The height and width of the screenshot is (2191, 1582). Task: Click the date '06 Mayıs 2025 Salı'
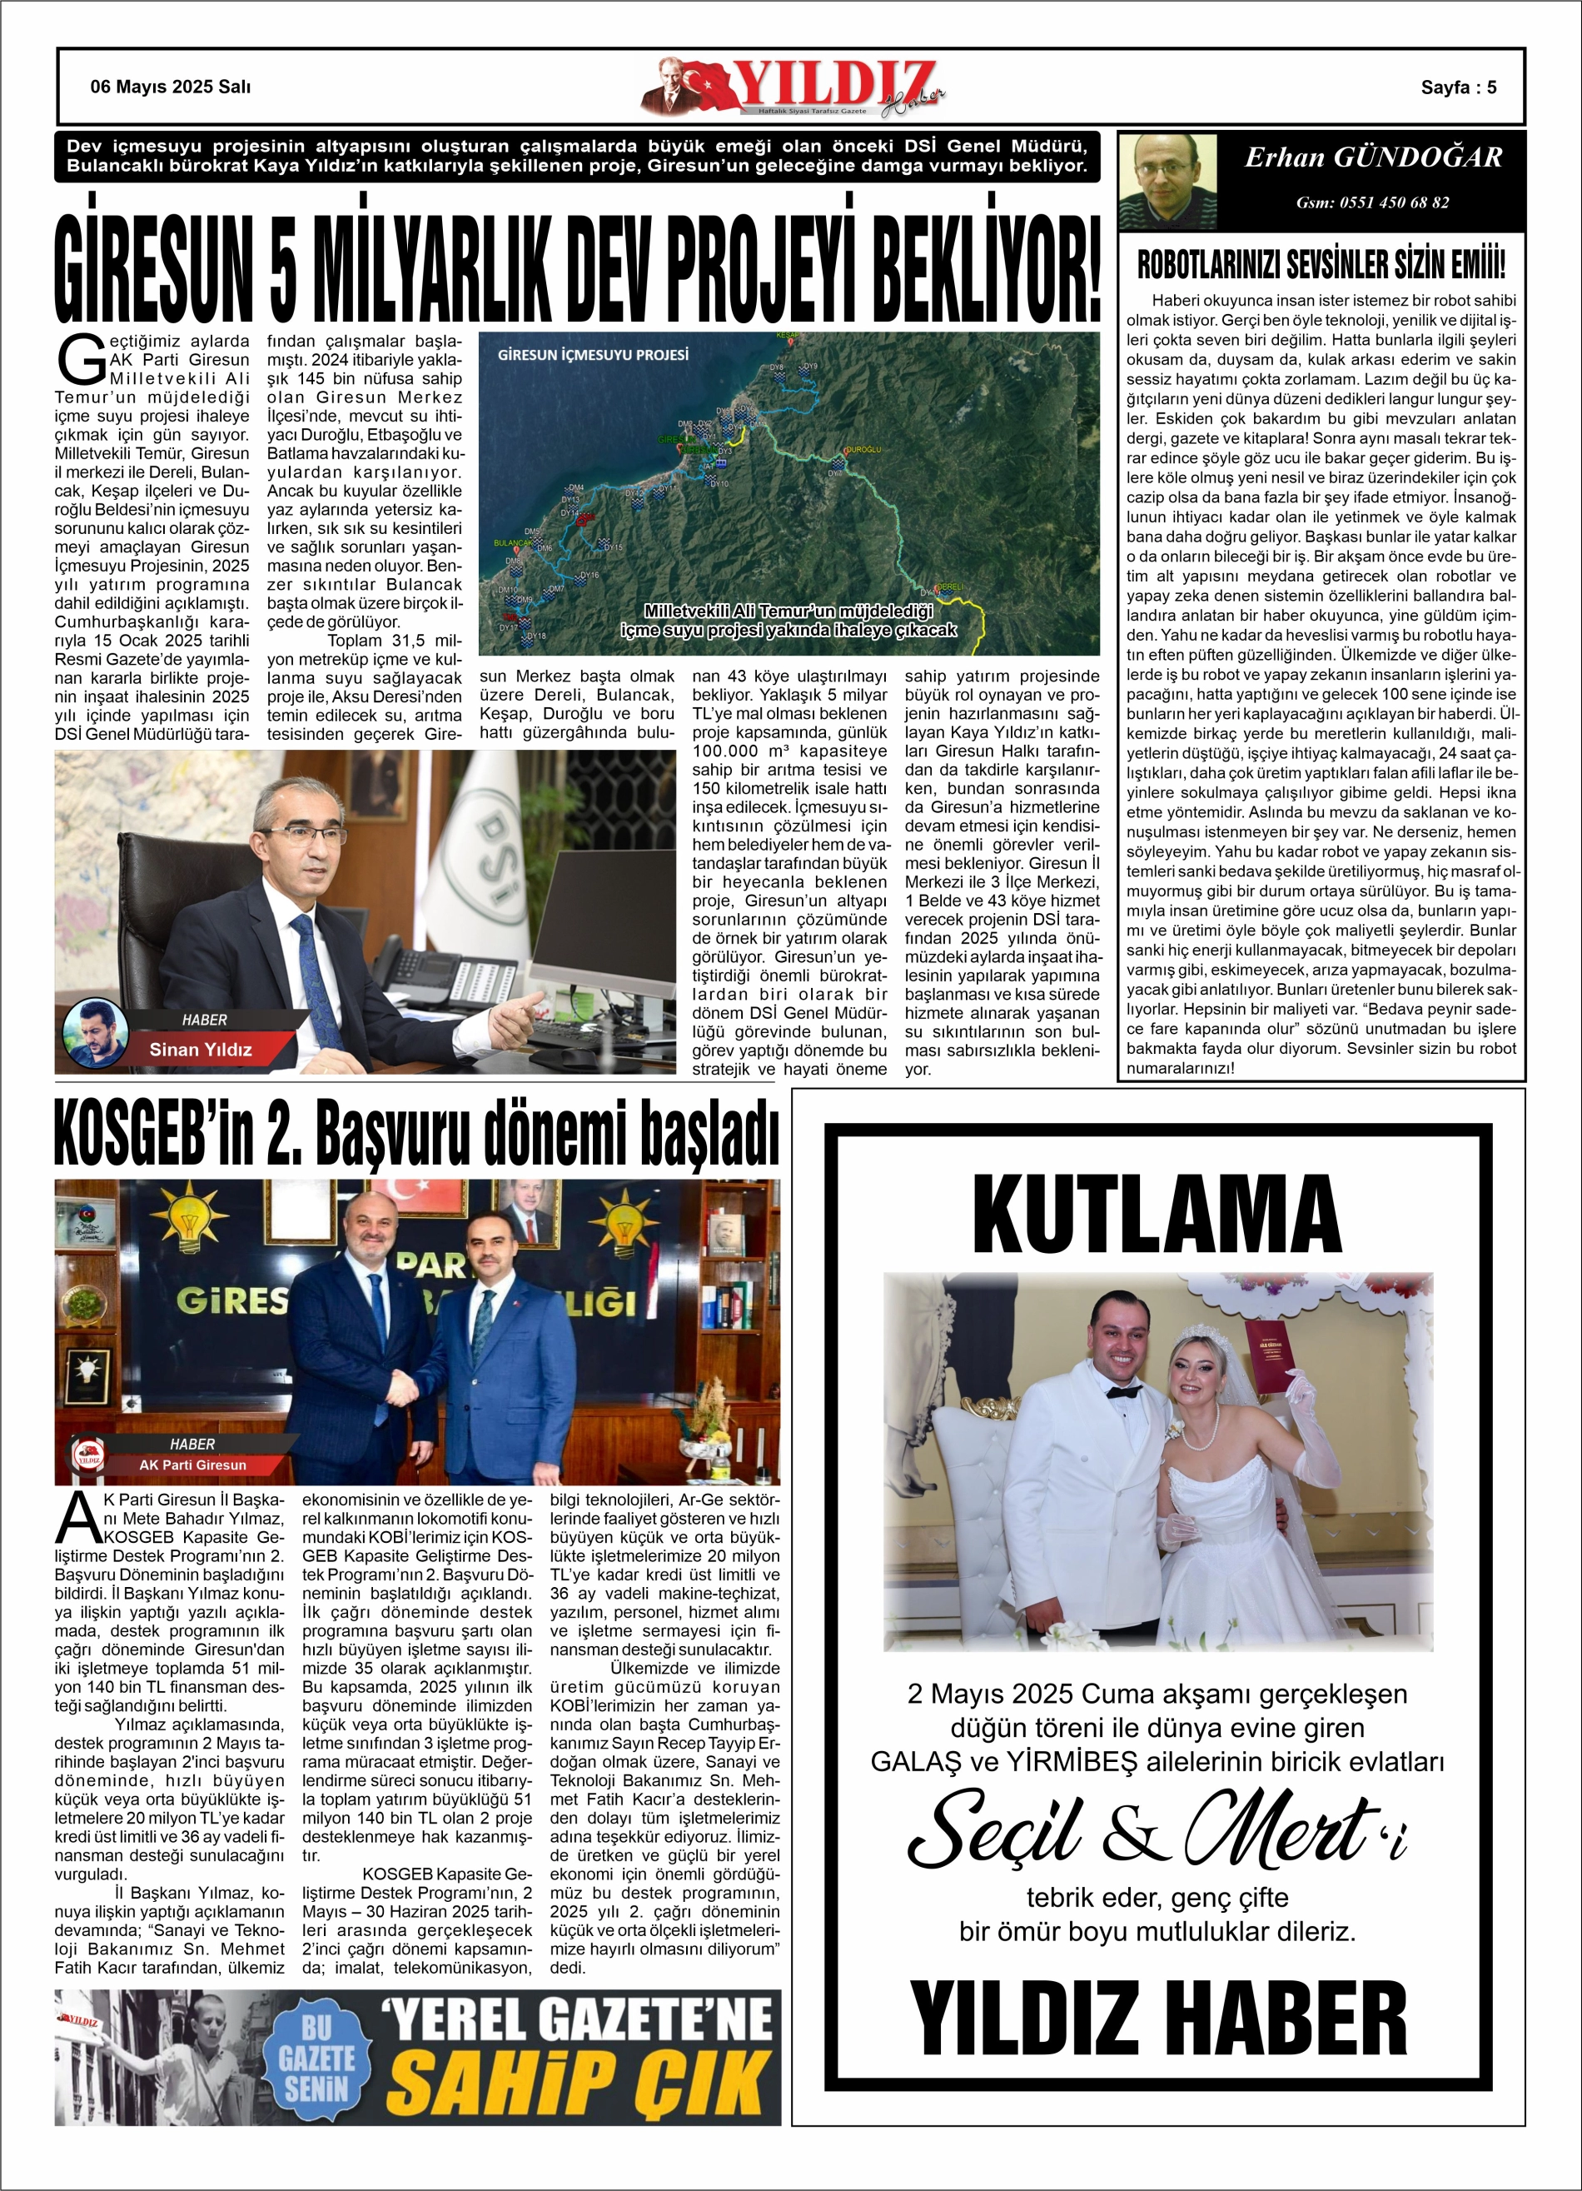tap(170, 87)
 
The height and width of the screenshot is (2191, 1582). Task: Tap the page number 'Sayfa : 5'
tap(1457, 87)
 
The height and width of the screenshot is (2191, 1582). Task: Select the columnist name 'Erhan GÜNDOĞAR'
tap(1372, 157)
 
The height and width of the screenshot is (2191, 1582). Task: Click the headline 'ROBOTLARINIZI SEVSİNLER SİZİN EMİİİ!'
tap(1321, 264)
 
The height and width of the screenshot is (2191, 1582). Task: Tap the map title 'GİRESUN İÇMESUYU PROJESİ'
tap(592, 355)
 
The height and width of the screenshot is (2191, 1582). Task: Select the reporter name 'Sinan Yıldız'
tap(200, 1049)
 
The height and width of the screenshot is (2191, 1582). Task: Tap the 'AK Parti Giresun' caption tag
tap(192, 1465)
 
